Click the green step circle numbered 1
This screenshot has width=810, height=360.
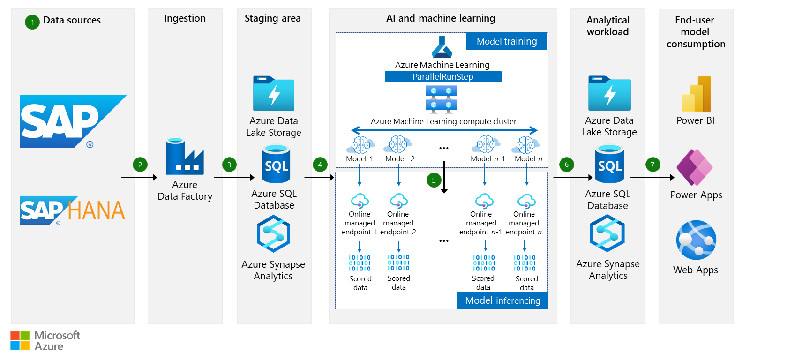click(32, 22)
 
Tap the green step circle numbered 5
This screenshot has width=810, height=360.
click(434, 180)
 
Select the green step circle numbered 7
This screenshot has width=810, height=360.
click(652, 165)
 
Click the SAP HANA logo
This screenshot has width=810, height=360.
click(73, 210)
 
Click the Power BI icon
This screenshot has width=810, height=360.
click(696, 94)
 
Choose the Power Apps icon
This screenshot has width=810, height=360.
click(695, 167)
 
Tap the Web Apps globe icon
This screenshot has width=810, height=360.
click(696, 240)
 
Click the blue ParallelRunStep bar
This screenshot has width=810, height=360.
click(443, 76)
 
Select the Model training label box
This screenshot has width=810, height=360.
click(507, 41)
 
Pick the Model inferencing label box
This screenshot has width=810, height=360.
click(502, 300)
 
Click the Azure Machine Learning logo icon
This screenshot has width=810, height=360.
click(442, 47)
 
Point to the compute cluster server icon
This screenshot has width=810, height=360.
click(441, 99)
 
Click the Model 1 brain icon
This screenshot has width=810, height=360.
click(360, 145)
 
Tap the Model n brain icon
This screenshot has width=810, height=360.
click(525, 145)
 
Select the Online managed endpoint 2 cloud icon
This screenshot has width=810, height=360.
click(398, 201)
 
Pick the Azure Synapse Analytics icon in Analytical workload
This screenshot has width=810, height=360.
click(607, 233)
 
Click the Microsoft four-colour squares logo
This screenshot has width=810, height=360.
click(20, 340)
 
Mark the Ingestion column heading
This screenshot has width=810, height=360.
click(185, 18)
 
